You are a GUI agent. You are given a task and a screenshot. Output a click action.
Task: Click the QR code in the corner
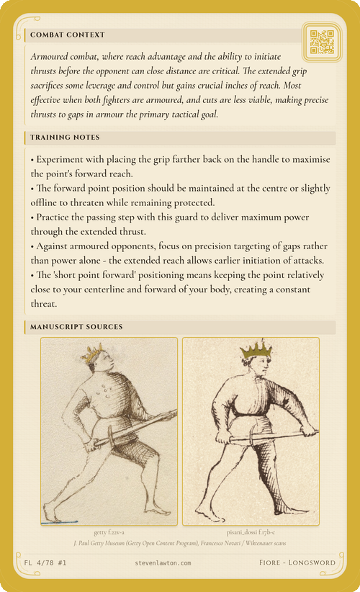click(322, 42)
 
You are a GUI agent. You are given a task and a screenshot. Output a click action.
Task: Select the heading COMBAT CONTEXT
click(68, 35)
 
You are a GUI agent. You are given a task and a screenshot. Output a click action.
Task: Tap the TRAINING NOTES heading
click(65, 137)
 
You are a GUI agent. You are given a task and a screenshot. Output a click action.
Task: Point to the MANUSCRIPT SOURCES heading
click(76, 327)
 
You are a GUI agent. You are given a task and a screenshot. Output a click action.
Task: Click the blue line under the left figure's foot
click(60, 521)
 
